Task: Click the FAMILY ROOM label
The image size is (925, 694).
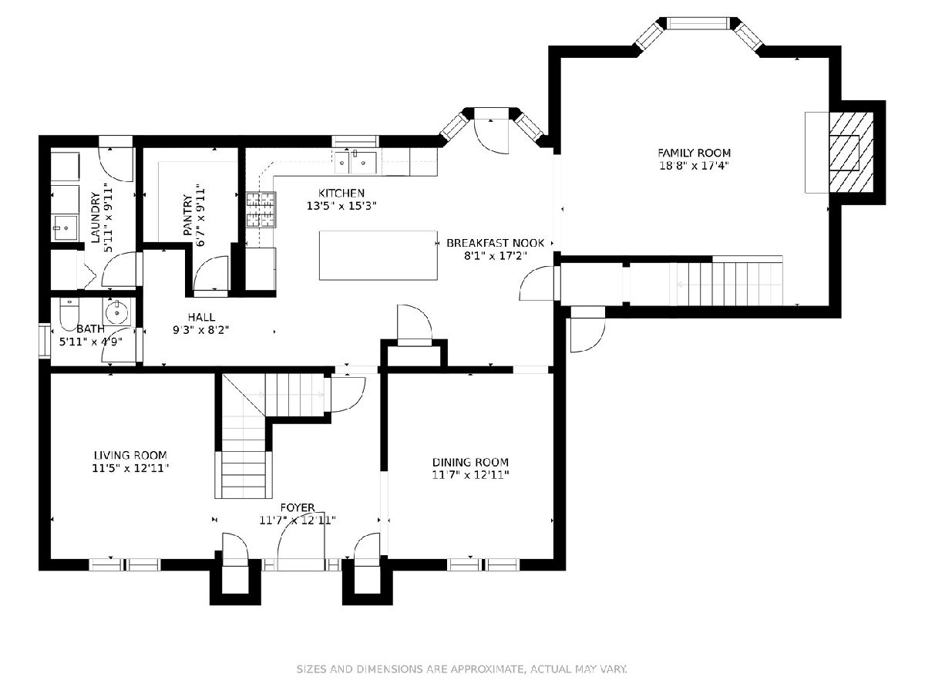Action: [694, 153]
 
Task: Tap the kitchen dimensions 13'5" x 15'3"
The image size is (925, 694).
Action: [341, 206]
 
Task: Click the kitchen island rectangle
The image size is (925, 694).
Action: [378, 255]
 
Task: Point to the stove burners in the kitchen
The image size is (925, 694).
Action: [261, 210]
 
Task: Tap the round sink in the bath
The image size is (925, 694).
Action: [117, 312]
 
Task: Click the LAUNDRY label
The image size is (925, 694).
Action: [96, 217]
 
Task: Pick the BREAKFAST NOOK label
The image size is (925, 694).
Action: [495, 243]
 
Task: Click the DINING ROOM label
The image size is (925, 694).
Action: [470, 462]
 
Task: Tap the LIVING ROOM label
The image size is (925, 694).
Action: [130, 455]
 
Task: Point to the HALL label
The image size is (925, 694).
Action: [201, 317]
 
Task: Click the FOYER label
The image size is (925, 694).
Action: [298, 507]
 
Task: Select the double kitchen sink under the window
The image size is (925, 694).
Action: [355, 161]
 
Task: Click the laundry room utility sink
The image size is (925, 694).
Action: [65, 228]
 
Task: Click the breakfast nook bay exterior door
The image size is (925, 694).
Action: [491, 131]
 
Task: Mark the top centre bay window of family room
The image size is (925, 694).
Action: [698, 23]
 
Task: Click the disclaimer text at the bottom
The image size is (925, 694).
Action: [462, 669]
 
